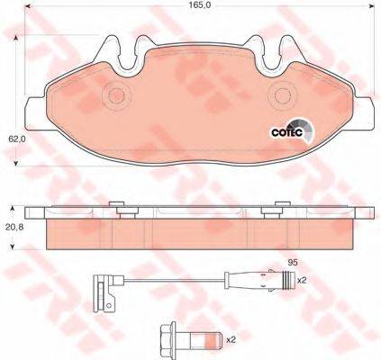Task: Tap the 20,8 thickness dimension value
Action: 14,227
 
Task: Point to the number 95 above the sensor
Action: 293,263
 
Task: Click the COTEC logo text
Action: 286,132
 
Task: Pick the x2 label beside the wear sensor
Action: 301,281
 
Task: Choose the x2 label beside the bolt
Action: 231,340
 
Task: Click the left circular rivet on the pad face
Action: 116,96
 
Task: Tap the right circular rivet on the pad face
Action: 283,96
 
